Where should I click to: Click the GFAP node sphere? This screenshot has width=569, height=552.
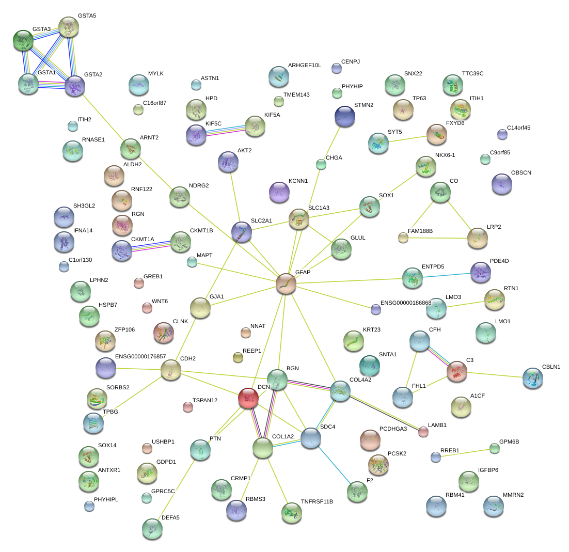click(x=286, y=283)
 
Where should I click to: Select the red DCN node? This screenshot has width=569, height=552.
click(x=248, y=398)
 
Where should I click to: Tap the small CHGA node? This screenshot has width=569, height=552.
click(x=321, y=165)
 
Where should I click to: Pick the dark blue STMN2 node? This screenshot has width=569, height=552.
click(x=344, y=116)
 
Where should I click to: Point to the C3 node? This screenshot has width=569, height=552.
click(x=456, y=371)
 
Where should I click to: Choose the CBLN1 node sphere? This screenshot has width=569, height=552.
click(x=532, y=378)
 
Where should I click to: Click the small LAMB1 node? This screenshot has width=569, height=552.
click(x=423, y=431)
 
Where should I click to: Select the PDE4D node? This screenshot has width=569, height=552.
click(x=481, y=272)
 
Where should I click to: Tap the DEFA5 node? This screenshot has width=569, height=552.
click(x=152, y=528)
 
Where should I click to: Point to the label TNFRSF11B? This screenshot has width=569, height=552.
click(x=317, y=501)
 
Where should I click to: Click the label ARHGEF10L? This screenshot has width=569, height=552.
click(x=305, y=66)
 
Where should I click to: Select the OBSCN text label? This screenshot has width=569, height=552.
click(x=521, y=172)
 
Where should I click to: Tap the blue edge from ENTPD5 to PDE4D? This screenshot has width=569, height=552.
click(x=446, y=275)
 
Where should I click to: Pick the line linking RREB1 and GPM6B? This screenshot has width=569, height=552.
click(x=465, y=452)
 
